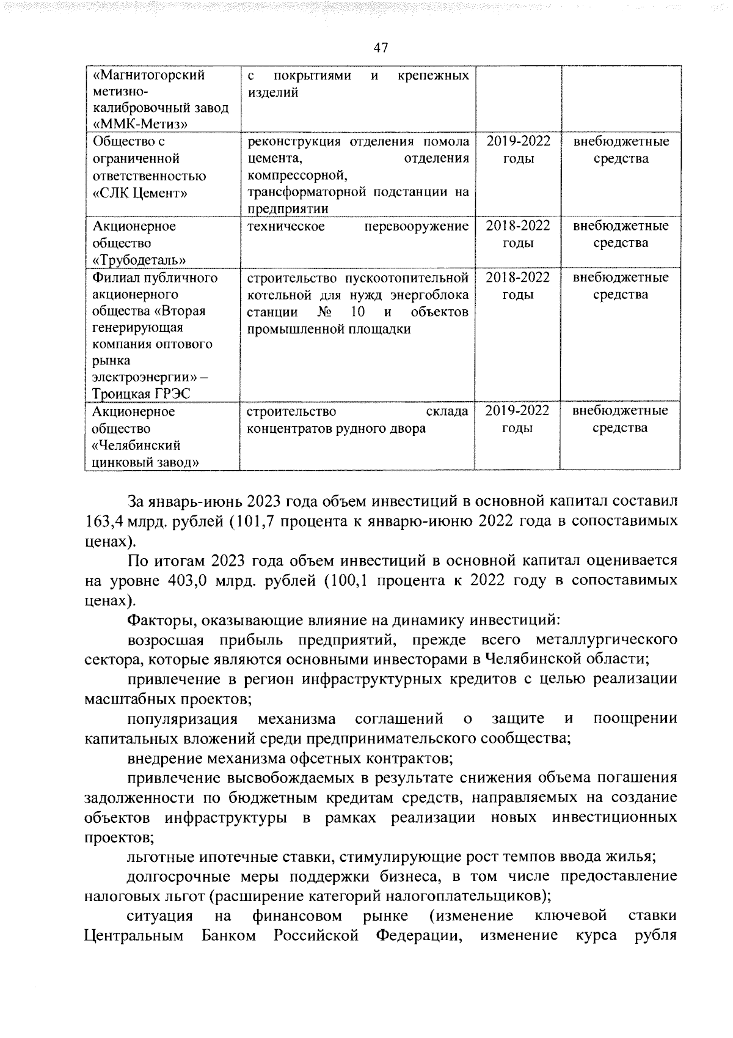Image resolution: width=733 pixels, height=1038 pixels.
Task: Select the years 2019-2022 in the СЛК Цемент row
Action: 518,142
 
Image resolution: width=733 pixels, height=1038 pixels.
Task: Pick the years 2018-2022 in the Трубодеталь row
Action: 518,226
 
